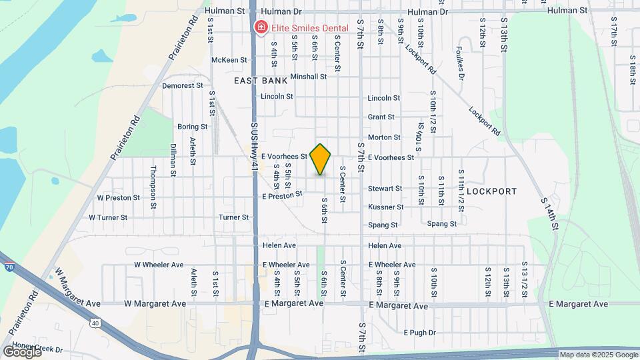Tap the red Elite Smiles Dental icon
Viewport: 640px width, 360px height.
(260, 27)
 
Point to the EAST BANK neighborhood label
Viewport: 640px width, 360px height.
(261, 81)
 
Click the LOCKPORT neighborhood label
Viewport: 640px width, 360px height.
(491, 191)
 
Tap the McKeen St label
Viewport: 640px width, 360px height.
(229, 60)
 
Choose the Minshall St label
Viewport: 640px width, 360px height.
(308, 77)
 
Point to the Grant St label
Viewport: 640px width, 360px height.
(381, 117)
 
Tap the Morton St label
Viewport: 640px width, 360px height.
(384, 137)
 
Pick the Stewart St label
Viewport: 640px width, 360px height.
(385, 189)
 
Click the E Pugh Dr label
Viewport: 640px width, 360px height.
(419, 332)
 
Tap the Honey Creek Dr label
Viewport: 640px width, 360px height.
(40, 349)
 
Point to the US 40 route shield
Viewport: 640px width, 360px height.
(95, 323)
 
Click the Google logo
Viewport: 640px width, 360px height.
(22, 351)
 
